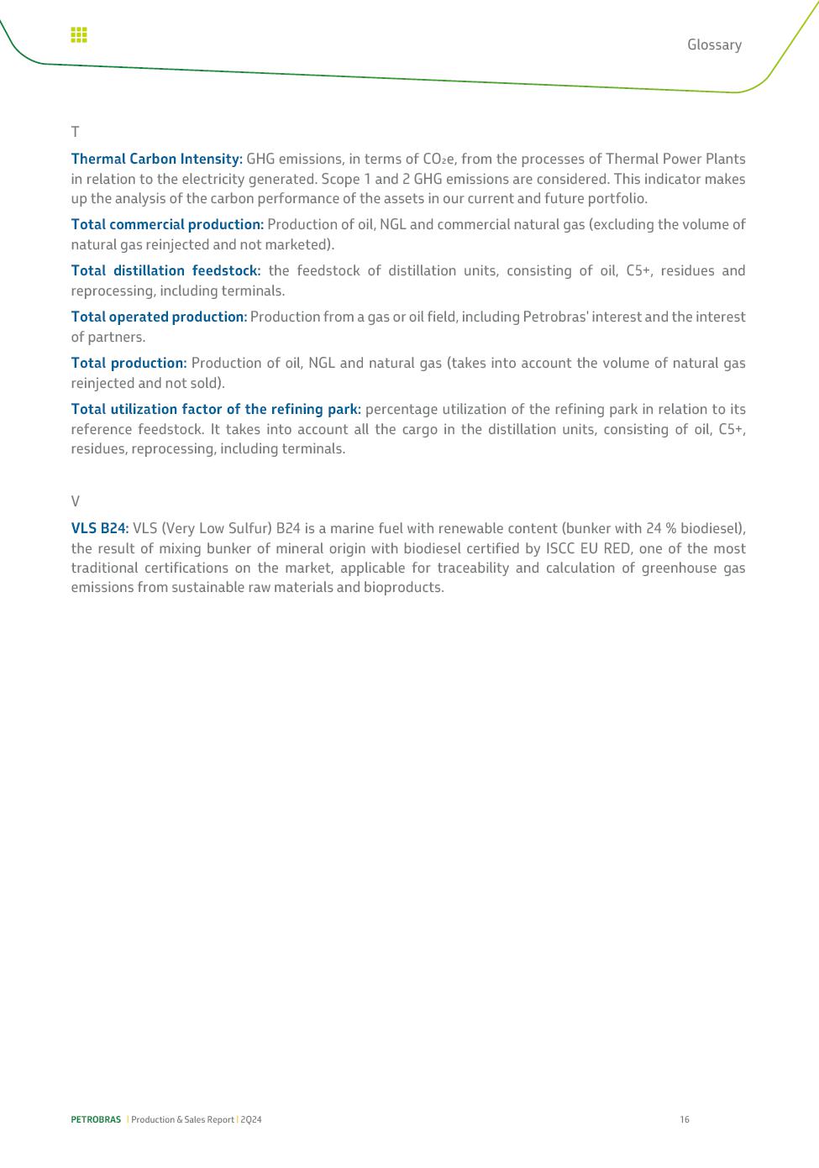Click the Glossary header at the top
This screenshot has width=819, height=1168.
click(714, 45)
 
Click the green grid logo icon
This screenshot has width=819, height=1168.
click(79, 34)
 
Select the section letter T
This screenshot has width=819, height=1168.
click(75, 132)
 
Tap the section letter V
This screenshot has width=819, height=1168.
click(75, 501)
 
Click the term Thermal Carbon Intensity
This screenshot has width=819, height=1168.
click(156, 159)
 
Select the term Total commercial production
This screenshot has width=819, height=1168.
click(167, 224)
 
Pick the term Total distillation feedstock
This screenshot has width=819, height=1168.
click(165, 270)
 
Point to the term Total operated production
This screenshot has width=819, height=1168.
click(159, 317)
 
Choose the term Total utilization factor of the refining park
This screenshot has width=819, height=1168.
click(216, 409)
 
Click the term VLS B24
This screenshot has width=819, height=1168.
click(99, 528)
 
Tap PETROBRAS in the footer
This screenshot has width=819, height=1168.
click(96, 1119)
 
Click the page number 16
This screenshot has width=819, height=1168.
click(685, 1119)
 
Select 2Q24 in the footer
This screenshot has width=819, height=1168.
click(251, 1119)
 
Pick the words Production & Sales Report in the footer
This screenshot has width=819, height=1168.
click(182, 1119)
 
